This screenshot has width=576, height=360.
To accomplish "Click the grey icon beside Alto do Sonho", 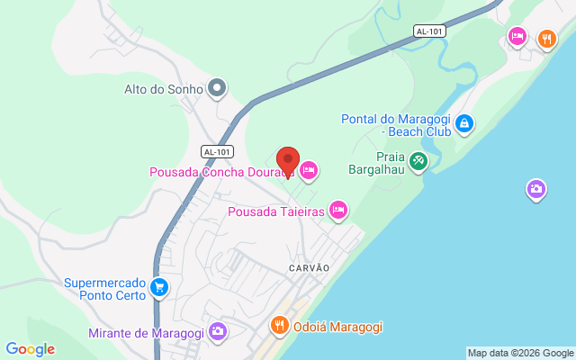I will pyautogui.click(x=216, y=88).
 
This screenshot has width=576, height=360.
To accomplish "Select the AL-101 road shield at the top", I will pyautogui.click(x=429, y=31).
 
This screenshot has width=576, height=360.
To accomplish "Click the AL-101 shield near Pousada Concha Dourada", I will pyautogui.click(x=218, y=151).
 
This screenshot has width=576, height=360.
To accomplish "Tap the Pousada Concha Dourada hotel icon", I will pyautogui.click(x=309, y=170).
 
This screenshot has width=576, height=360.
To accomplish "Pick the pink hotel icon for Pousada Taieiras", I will pyautogui.click(x=337, y=211).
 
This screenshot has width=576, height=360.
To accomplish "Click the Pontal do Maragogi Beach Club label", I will pyautogui.click(x=395, y=125).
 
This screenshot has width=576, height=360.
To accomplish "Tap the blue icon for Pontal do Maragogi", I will pyautogui.click(x=463, y=123).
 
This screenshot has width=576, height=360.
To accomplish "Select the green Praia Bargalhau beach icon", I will pyautogui.click(x=418, y=161).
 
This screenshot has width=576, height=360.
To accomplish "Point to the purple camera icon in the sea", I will pyautogui.click(x=535, y=189).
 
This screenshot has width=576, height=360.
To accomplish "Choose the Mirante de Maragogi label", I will pyautogui.click(x=146, y=333).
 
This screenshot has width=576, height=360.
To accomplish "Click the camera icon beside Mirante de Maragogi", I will pyautogui.click(x=217, y=332).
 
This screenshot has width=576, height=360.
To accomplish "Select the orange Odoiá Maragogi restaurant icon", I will pyautogui.click(x=280, y=325).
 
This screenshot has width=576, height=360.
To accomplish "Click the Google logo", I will pyautogui.click(x=30, y=349).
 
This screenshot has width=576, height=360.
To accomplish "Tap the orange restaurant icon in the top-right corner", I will pyautogui.click(x=545, y=38).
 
